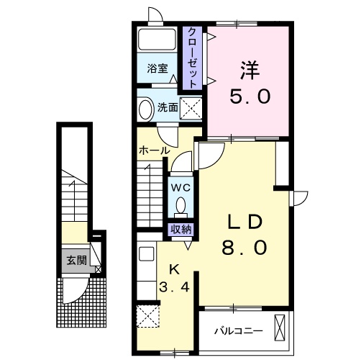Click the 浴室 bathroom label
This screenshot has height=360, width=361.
tap(157, 68)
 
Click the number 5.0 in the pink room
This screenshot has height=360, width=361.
tap(250, 96)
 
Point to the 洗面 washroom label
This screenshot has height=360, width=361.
tap(168, 108)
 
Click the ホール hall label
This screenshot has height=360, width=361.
tap(153, 151)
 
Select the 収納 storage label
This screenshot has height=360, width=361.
tap(180, 230)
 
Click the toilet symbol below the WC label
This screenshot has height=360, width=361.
tap(180, 207)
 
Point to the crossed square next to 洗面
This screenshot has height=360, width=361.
tap(190, 109)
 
